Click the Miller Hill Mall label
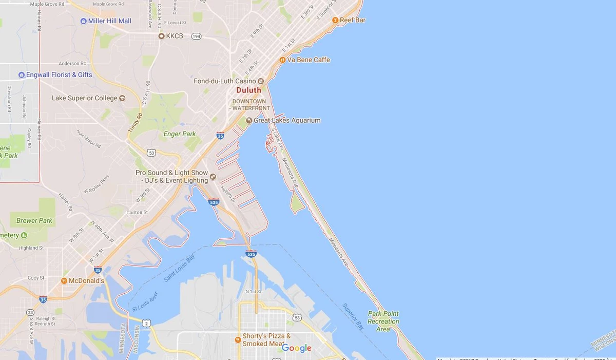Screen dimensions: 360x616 tap(110, 21)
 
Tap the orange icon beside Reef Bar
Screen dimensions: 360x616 tap(335, 20)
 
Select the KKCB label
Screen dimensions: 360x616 tap(174, 36)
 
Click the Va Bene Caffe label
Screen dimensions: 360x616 tap(308, 60)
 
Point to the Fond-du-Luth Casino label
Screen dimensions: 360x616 tap(225, 81)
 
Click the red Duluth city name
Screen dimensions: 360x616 tap(248, 90)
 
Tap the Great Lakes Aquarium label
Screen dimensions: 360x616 tap(287, 121)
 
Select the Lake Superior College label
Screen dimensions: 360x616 tap(85, 98)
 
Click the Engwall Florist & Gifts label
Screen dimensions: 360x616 tap(60, 75)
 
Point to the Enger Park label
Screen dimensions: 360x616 tap(180, 134)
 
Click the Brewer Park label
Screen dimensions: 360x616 tap(34, 221)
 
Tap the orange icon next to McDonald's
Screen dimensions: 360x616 tap(64, 281)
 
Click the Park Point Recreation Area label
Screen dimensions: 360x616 tap(383, 321)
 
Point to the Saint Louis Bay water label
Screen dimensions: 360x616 tap(180, 269)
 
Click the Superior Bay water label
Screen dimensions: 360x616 tap(354, 316)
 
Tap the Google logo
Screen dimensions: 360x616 tap(296, 348)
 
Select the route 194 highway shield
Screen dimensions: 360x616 tap(196, 36)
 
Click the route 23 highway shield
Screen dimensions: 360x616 tap(30, 312)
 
